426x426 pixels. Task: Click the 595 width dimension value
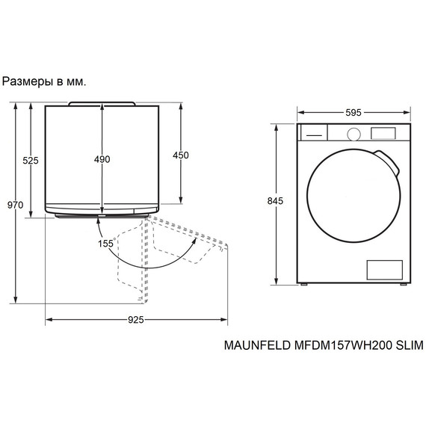click(x=354, y=112)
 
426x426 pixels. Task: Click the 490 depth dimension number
click(x=102, y=159)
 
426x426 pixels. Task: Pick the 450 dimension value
click(x=181, y=155)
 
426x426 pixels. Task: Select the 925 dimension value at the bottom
click(x=135, y=320)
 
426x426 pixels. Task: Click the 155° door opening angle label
click(x=105, y=244)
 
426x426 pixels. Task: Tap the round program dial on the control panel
click(x=354, y=133)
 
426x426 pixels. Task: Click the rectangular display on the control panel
click(x=383, y=133)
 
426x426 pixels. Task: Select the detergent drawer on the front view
click(x=313, y=133)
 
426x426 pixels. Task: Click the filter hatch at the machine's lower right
click(x=384, y=270)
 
